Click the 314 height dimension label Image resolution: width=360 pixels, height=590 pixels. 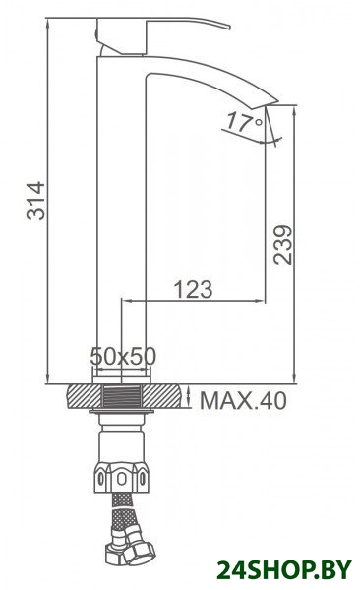[35, 201]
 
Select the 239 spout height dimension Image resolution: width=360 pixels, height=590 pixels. [283, 245]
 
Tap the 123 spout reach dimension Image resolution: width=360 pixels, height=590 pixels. [193, 289]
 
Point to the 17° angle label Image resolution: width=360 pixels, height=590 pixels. [245, 122]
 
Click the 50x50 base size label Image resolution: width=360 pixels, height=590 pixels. [123, 356]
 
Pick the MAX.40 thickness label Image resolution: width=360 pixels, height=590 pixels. [243, 400]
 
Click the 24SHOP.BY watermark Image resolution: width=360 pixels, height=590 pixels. [284, 570]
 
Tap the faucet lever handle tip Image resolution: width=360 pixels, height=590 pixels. [229, 27]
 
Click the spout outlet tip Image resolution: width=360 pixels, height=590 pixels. [271, 103]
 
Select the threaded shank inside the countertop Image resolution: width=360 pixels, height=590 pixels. [122, 396]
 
